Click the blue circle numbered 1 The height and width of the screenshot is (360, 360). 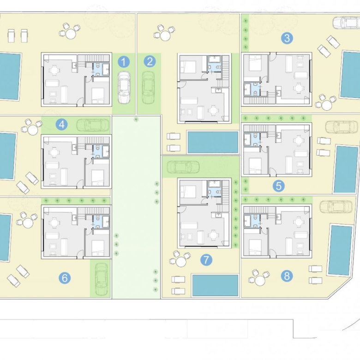124,62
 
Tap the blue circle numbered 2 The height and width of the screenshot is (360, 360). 150,61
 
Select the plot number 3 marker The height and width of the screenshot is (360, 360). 287,38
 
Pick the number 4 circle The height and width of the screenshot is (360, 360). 62,125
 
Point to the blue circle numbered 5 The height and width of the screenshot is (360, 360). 279,186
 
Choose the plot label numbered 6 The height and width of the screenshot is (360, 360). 65,278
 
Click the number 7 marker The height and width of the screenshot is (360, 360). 206,260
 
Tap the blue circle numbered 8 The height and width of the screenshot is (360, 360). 287,276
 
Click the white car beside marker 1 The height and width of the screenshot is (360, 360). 124,87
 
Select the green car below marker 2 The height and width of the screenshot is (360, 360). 148,88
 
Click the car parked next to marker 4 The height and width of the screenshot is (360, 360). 93,125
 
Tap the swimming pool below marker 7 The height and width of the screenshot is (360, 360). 215,285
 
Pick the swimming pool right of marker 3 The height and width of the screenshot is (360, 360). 350,75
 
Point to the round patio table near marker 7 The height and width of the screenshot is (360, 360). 180,262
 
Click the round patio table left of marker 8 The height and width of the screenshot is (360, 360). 260,281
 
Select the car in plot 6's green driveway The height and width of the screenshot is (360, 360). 101,279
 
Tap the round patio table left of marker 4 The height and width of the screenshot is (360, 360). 33,130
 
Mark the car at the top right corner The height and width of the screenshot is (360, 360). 346,23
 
